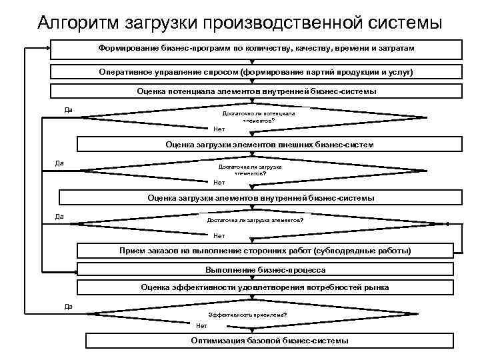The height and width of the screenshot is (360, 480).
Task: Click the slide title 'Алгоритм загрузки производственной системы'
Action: point(240,22)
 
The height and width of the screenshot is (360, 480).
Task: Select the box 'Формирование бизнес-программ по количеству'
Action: point(256,49)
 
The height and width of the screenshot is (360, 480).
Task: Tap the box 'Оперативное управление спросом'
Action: point(256,71)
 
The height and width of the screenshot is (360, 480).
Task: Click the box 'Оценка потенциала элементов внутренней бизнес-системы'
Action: point(256,91)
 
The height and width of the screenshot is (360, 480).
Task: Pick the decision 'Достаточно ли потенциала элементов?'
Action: point(253,117)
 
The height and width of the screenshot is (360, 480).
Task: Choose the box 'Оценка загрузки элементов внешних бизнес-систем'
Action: point(269,144)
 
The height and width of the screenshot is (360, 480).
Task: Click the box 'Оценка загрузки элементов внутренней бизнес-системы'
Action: point(261,197)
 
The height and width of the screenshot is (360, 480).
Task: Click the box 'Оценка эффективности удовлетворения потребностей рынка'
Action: point(265,287)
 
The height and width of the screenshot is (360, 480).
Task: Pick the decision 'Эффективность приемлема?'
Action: point(247,314)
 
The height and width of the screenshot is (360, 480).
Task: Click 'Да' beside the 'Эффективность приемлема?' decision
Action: point(68,306)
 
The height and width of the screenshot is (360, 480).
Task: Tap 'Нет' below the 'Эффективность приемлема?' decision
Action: point(201,325)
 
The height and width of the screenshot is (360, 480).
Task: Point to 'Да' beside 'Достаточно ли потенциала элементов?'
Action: point(68,109)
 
